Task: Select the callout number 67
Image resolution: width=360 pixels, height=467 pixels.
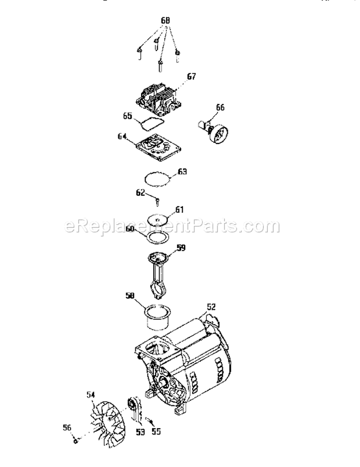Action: click(192, 76)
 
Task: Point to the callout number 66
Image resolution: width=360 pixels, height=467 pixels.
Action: click(219, 108)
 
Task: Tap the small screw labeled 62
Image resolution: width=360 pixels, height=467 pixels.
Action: click(157, 198)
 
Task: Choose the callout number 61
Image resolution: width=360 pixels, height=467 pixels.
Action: click(179, 209)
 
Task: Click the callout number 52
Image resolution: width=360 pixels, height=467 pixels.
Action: click(211, 305)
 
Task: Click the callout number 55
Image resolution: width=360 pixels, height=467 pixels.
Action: click(156, 431)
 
